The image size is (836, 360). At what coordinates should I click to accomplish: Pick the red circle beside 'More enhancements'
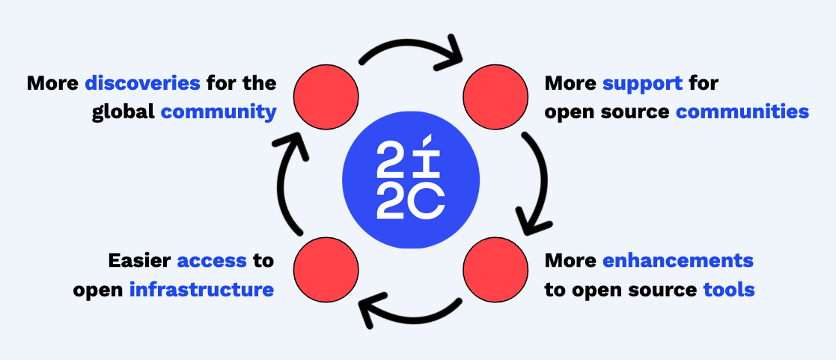click(495, 267)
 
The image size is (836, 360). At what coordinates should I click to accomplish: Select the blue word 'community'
click(219, 112)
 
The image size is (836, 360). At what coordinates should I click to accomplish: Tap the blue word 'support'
click(642, 82)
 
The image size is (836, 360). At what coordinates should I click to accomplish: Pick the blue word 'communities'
click(742, 112)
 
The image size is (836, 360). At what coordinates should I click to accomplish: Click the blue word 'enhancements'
click(677, 260)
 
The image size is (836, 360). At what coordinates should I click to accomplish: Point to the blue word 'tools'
click(729, 290)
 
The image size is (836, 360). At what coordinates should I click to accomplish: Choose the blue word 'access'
click(212, 260)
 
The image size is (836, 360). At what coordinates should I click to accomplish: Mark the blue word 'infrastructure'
click(201, 290)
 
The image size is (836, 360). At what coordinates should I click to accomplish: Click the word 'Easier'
click(139, 260)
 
